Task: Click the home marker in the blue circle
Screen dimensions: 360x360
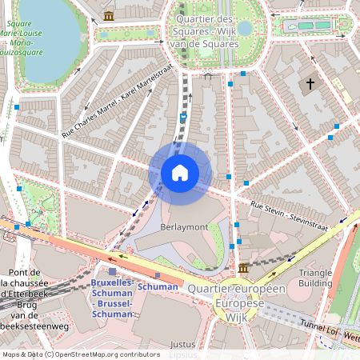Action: [x=180, y=173]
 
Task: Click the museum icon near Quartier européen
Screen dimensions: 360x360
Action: [x=243, y=267]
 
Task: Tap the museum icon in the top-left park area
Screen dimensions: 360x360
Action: [x=109, y=15]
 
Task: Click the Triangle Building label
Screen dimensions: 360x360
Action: [x=315, y=278]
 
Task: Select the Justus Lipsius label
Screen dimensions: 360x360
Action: [x=183, y=349]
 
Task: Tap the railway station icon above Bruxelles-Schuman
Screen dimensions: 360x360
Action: [x=101, y=272]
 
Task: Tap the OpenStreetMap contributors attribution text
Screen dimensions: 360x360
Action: [x=81, y=354]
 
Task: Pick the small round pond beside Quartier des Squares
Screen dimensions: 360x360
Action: [x=245, y=29]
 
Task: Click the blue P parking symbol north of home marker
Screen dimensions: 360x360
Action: [x=183, y=117]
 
